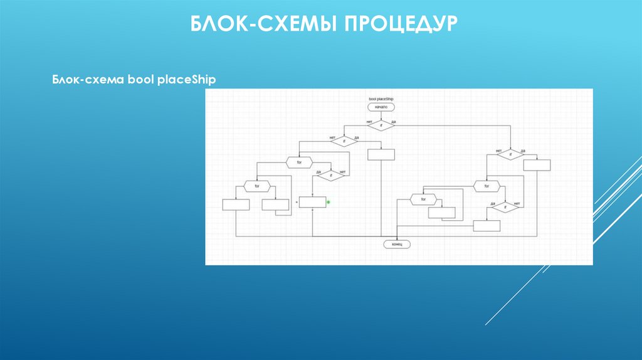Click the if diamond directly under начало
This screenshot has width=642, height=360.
point(381,125)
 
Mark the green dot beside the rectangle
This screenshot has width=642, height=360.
point(329,202)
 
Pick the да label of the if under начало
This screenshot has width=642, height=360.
point(393,122)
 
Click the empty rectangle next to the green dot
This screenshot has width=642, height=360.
point(312,202)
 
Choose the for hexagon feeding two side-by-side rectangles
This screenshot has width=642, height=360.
point(256,186)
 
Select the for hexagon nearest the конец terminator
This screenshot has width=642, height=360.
point(423,199)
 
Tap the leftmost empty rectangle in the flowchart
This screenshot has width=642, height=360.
point(236,204)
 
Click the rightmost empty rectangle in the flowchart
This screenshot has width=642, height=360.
point(537,165)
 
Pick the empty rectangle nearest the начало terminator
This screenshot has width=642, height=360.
point(381,154)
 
